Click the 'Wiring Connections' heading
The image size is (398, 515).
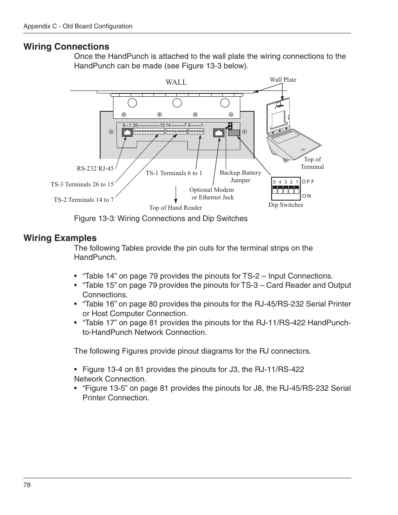pos(66,47)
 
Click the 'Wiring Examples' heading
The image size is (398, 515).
pos(60,238)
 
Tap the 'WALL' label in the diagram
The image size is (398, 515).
pos(176,82)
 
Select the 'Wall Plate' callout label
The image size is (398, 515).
pos(283,80)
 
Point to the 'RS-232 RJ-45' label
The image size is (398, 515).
pos(95,168)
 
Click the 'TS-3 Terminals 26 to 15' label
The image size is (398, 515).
pos(82,184)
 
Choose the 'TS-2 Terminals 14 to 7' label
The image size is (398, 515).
pos(84,200)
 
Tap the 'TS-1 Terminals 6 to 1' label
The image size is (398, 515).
pos(174,173)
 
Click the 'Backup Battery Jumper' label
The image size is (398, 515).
pos(240,176)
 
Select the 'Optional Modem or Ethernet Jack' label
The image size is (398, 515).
pos(212,193)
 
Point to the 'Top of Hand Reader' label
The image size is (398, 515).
pos(176,208)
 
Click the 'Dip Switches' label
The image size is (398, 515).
pos(286,205)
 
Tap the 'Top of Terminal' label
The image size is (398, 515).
pos(312,163)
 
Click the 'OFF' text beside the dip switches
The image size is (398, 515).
pos(308,182)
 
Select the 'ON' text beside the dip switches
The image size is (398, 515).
pos(307,196)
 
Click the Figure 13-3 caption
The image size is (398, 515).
pos(161,219)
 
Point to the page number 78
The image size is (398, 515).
pos(27,485)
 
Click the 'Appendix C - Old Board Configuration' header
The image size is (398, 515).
pos(78,26)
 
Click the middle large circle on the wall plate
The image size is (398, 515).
pos(177,103)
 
